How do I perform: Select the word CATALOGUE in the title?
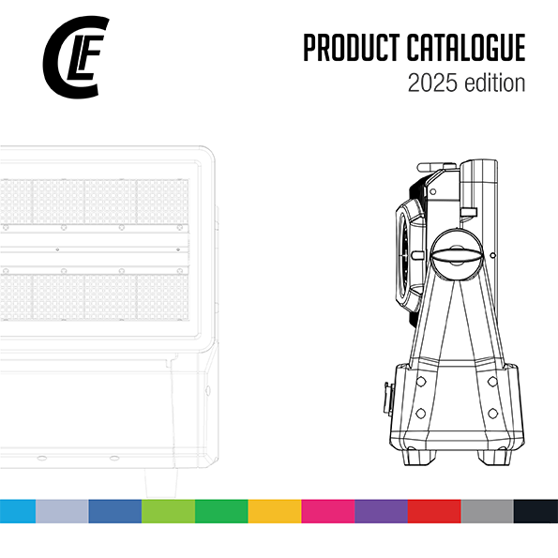(466, 48)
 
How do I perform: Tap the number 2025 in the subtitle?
(432, 83)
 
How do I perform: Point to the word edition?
(495, 83)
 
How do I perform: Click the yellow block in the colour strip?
(275, 511)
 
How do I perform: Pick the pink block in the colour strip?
(327, 511)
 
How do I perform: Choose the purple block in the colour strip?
(381, 511)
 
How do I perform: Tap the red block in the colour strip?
(434, 511)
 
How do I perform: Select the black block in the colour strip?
(535, 511)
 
